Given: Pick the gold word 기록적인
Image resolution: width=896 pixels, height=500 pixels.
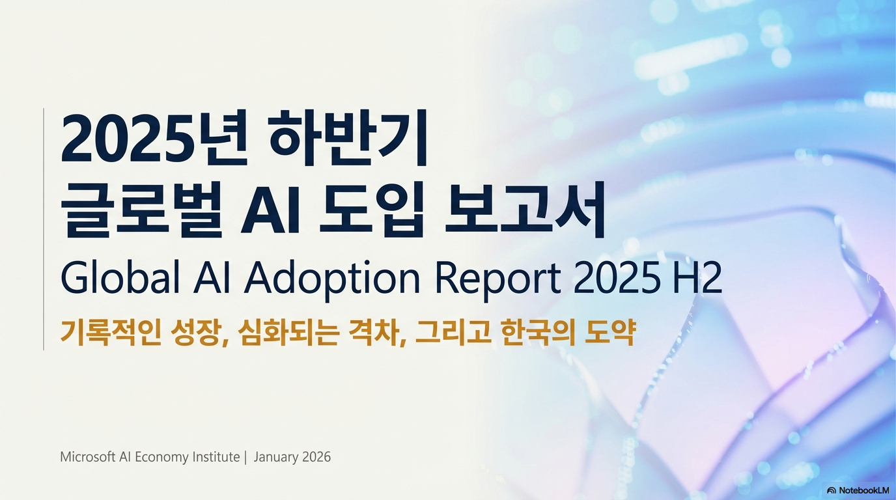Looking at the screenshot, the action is tap(111, 333).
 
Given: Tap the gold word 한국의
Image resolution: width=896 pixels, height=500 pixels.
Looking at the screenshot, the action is tap(538, 333).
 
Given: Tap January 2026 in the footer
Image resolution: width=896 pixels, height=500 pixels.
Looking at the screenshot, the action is tap(292, 457).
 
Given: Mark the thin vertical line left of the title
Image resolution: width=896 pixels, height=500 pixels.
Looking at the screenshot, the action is tap(44, 229).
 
